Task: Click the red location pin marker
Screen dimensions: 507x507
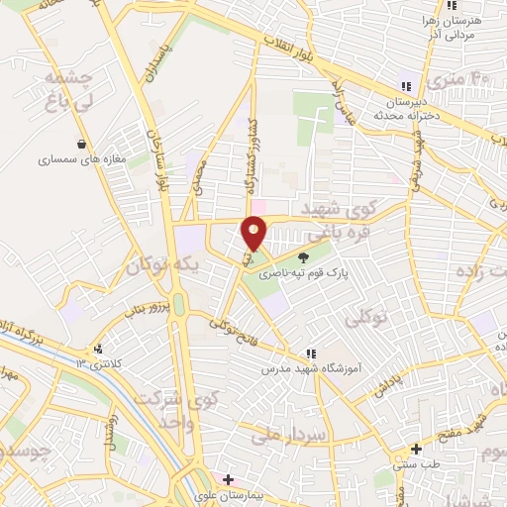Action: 254,232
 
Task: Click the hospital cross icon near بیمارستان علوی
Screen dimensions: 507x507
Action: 228,479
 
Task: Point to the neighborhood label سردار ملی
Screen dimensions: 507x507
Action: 282,434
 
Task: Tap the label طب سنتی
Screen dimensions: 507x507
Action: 412,462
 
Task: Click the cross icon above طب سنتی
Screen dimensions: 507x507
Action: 417,449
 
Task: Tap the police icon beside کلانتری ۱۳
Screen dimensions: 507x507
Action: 97,350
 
